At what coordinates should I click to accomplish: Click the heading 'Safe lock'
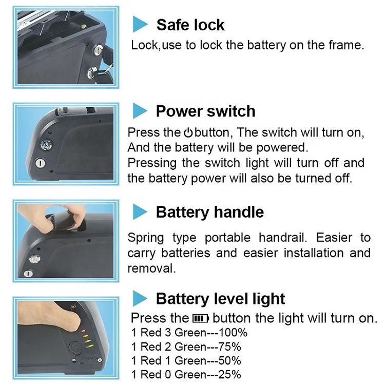(x=190, y=25)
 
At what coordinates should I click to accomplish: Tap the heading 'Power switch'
(x=205, y=111)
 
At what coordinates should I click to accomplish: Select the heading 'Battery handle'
(x=209, y=212)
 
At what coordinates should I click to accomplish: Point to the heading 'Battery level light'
(x=220, y=299)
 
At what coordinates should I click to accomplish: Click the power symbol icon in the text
(x=188, y=133)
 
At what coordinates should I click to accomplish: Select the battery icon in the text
(x=201, y=318)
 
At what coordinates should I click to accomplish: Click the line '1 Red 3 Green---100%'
(x=189, y=333)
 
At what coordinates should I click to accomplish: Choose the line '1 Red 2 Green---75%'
(x=186, y=346)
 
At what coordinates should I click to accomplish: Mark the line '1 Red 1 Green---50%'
(x=186, y=360)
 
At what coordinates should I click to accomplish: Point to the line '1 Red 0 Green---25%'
(x=186, y=374)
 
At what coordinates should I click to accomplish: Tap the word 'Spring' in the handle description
(x=145, y=238)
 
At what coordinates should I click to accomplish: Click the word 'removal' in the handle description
(x=150, y=268)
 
